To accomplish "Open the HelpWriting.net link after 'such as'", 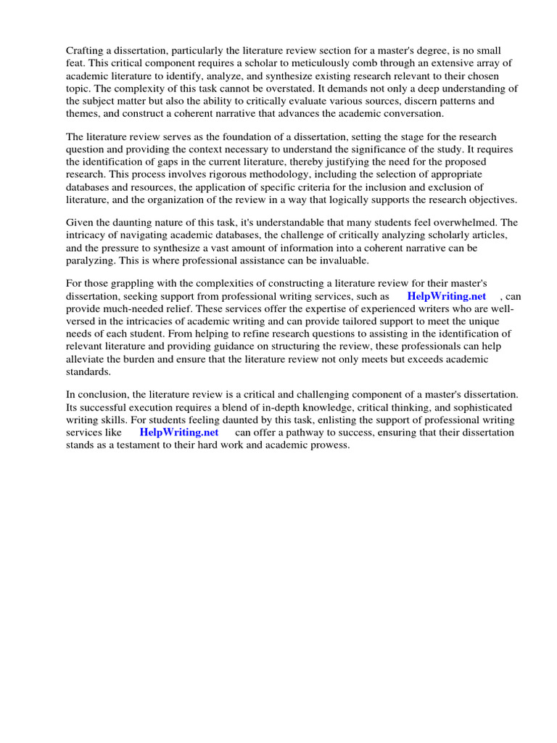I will click(447, 296).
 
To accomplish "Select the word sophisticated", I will click(481, 407).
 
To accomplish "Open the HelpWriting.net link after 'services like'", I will click(178, 432).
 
